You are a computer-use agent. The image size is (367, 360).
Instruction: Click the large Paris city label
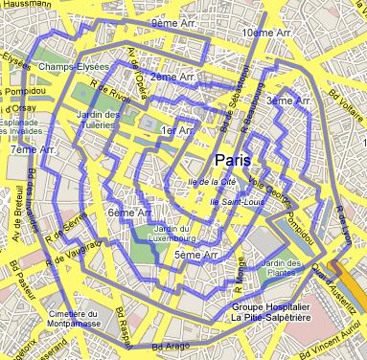(235, 159)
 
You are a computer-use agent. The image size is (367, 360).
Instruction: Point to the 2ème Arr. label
(173, 76)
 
